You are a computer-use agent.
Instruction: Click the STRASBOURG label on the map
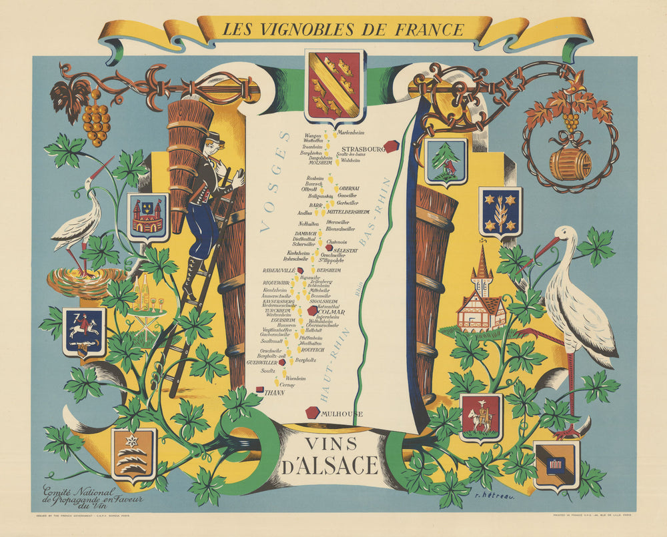click(x=361, y=149)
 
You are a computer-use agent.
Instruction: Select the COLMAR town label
click(x=331, y=310)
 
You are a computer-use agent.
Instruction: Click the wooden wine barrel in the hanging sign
click(x=570, y=164)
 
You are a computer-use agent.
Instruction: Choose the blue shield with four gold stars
click(x=500, y=211)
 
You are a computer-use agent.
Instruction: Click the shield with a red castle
click(x=147, y=217)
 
